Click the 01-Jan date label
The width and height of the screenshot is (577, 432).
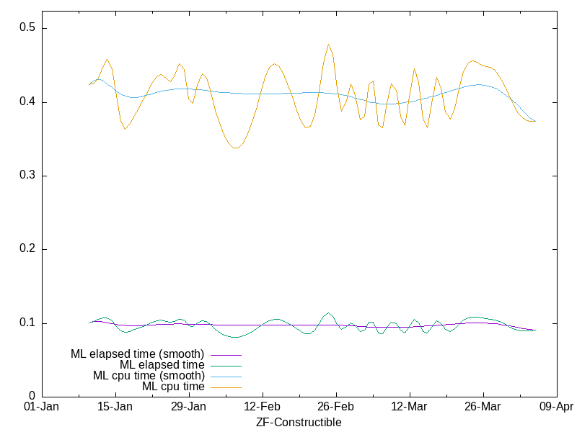click(41, 407)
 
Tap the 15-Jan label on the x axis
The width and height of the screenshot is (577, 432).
click(115, 407)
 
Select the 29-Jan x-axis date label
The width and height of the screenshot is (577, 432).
click(188, 407)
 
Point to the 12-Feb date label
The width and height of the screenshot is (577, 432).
click(262, 407)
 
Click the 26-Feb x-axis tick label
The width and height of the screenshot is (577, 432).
click(335, 407)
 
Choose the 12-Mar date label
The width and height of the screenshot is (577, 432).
click(409, 407)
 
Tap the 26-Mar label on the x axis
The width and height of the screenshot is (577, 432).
click(483, 407)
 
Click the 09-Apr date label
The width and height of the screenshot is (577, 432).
click(556, 407)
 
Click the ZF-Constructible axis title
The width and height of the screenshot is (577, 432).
click(299, 423)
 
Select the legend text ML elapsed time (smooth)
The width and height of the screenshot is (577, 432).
click(137, 354)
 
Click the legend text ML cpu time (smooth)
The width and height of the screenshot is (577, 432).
click(149, 376)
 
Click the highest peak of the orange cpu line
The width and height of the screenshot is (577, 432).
click(328, 45)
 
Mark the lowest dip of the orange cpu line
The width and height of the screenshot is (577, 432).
click(236, 148)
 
